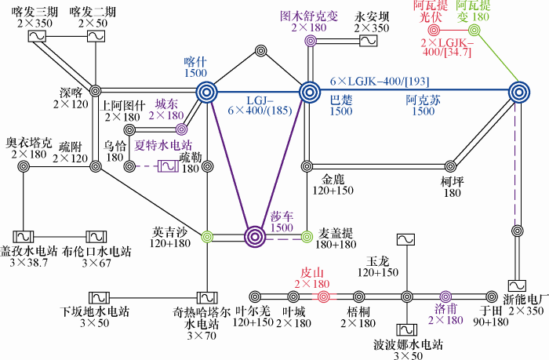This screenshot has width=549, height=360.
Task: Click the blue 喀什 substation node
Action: pyautogui.click(x=206, y=93)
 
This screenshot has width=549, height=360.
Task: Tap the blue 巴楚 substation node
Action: pyautogui.click(x=310, y=93)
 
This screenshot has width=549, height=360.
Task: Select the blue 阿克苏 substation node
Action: pyautogui.click(x=519, y=93)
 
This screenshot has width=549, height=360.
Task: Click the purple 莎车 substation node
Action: pyautogui.click(x=255, y=237)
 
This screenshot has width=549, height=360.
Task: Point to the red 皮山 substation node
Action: pyautogui.click(x=324, y=297)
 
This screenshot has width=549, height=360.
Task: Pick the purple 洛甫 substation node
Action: pyautogui.click(x=445, y=297)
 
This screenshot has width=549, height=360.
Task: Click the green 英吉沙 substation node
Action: pyautogui.click(x=207, y=237)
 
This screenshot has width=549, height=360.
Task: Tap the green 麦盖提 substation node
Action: pyautogui.click(x=307, y=237)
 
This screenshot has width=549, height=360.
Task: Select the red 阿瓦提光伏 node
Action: pyautogui.click(x=434, y=31)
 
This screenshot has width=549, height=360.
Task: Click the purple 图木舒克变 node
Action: pyautogui.click(x=310, y=41)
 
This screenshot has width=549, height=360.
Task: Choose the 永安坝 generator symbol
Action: pyautogui.click(x=369, y=41)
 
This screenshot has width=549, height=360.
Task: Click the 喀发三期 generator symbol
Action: pyautogui.click(x=37, y=36)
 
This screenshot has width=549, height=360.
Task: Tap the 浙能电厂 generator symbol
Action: pyautogui.click(x=517, y=285)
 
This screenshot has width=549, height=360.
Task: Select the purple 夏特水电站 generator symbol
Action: pyautogui.click(x=168, y=166)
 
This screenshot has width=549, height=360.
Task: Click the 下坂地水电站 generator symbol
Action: pyautogui.click(x=99, y=298)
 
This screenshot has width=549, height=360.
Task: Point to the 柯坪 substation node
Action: pyautogui.click(x=451, y=166)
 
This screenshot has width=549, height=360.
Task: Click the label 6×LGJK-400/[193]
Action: pyautogui.click(x=380, y=82)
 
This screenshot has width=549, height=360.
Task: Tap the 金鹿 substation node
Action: pyautogui.click(x=307, y=166)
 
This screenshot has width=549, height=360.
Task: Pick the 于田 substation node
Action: pyautogui.click(x=492, y=297)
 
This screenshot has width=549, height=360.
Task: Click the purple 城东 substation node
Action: pyautogui.click(x=181, y=129)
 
